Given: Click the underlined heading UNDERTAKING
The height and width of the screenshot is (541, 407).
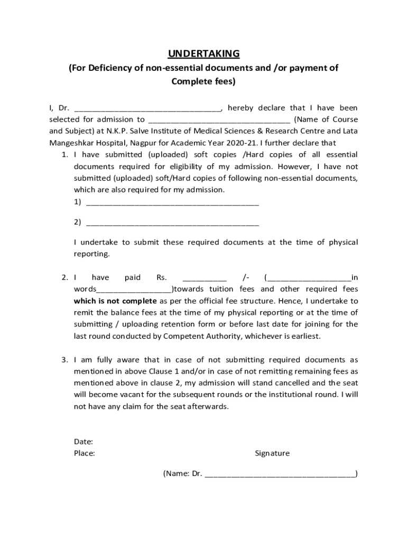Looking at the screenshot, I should tap(203, 54).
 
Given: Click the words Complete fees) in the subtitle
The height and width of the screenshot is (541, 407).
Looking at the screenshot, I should tap(203, 81).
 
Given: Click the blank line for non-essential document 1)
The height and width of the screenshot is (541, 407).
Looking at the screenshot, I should tap(172, 202).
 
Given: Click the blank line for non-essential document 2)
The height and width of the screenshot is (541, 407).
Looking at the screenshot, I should tap(172, 223).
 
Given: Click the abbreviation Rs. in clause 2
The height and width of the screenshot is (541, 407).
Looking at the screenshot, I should tap(162, 277).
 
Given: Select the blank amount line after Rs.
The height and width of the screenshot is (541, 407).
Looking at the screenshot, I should tap(205, 278).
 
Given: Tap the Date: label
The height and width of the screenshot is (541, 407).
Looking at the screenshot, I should tap(84, 442).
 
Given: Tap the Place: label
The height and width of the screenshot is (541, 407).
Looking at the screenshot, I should tap(85, 453).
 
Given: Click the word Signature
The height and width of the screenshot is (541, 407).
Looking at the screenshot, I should tap(272, 453).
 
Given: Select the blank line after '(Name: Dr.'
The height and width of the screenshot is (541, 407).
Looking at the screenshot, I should tap(280, 474).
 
